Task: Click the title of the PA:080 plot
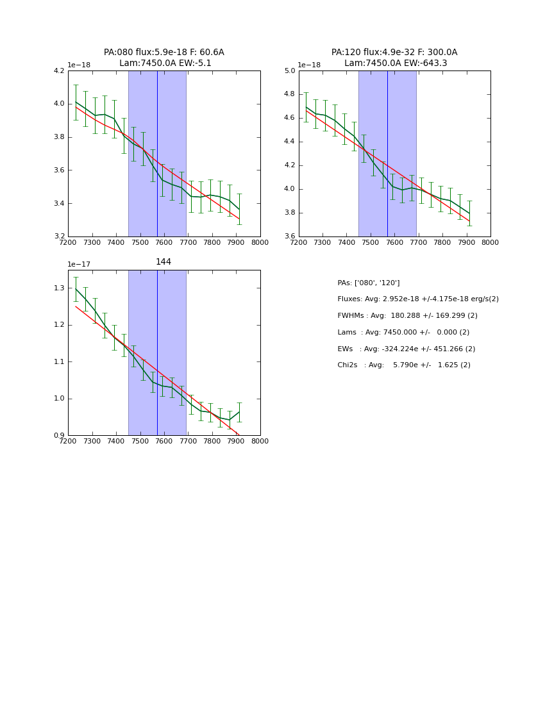coord(164,58)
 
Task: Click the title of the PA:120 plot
coord(394,58)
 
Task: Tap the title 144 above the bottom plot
coord(163,262)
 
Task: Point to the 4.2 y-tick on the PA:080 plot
coord(59,70)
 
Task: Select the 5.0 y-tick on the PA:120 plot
coord(290,70)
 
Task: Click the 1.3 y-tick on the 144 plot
coord(59,288)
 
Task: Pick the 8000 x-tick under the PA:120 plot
coord(491,243)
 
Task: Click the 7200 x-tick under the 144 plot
coord(68,442)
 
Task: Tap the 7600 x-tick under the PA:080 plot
coord(164,243)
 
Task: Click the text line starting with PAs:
coord(369,283)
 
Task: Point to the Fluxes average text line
coord(418,299)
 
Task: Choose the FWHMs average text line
coord(407,316)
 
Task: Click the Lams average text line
coord(403,333)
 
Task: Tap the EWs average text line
coord(407,349)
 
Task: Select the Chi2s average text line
coord(404,365)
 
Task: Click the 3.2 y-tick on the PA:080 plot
coord(59,236)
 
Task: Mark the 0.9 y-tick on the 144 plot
coord(59,436)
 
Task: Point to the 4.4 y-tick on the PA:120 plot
coord(290,142)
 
